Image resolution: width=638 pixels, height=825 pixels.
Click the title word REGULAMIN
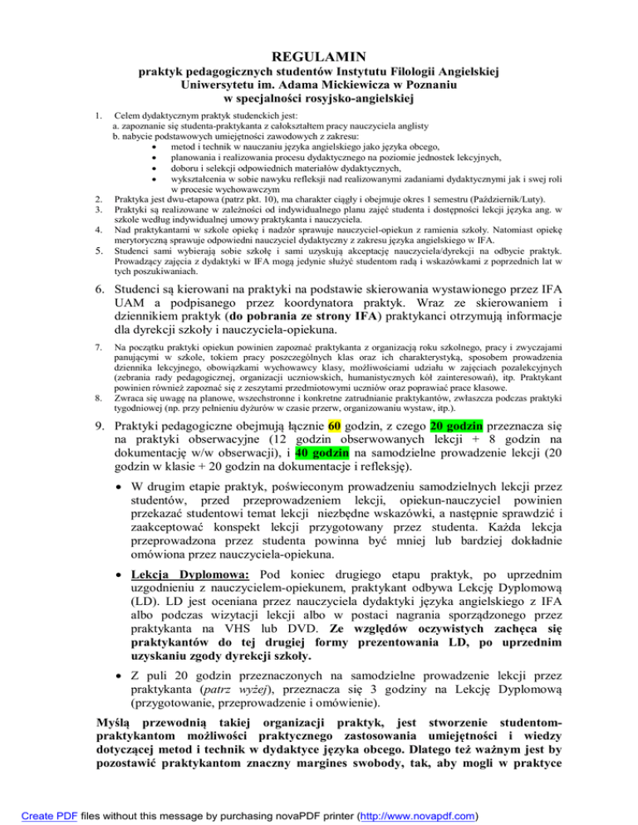(319, 56)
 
